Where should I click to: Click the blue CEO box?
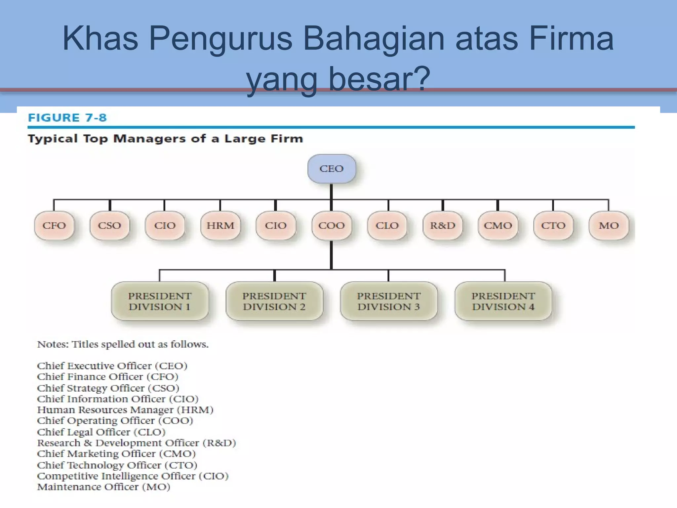[332, 169]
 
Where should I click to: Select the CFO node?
[54, 226]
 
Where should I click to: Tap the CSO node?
[109, 226]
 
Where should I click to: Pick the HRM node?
[220, 226]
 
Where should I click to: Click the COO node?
[332, 226]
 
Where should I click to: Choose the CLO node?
[387, 226]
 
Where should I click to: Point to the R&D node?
[443, 226]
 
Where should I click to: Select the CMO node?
[498, 226]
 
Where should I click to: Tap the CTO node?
[553, 226]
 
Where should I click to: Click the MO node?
[609, 226]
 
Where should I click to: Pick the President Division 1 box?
[160, 301]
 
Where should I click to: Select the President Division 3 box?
[389, 301]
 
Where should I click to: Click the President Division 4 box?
[503, 301]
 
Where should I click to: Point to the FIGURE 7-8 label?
[67, 118]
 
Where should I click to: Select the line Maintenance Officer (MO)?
[103, 487]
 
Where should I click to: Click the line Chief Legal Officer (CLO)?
[101, 432]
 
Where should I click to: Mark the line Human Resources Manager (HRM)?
[125, 410]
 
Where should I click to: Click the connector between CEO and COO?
[331, 197]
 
